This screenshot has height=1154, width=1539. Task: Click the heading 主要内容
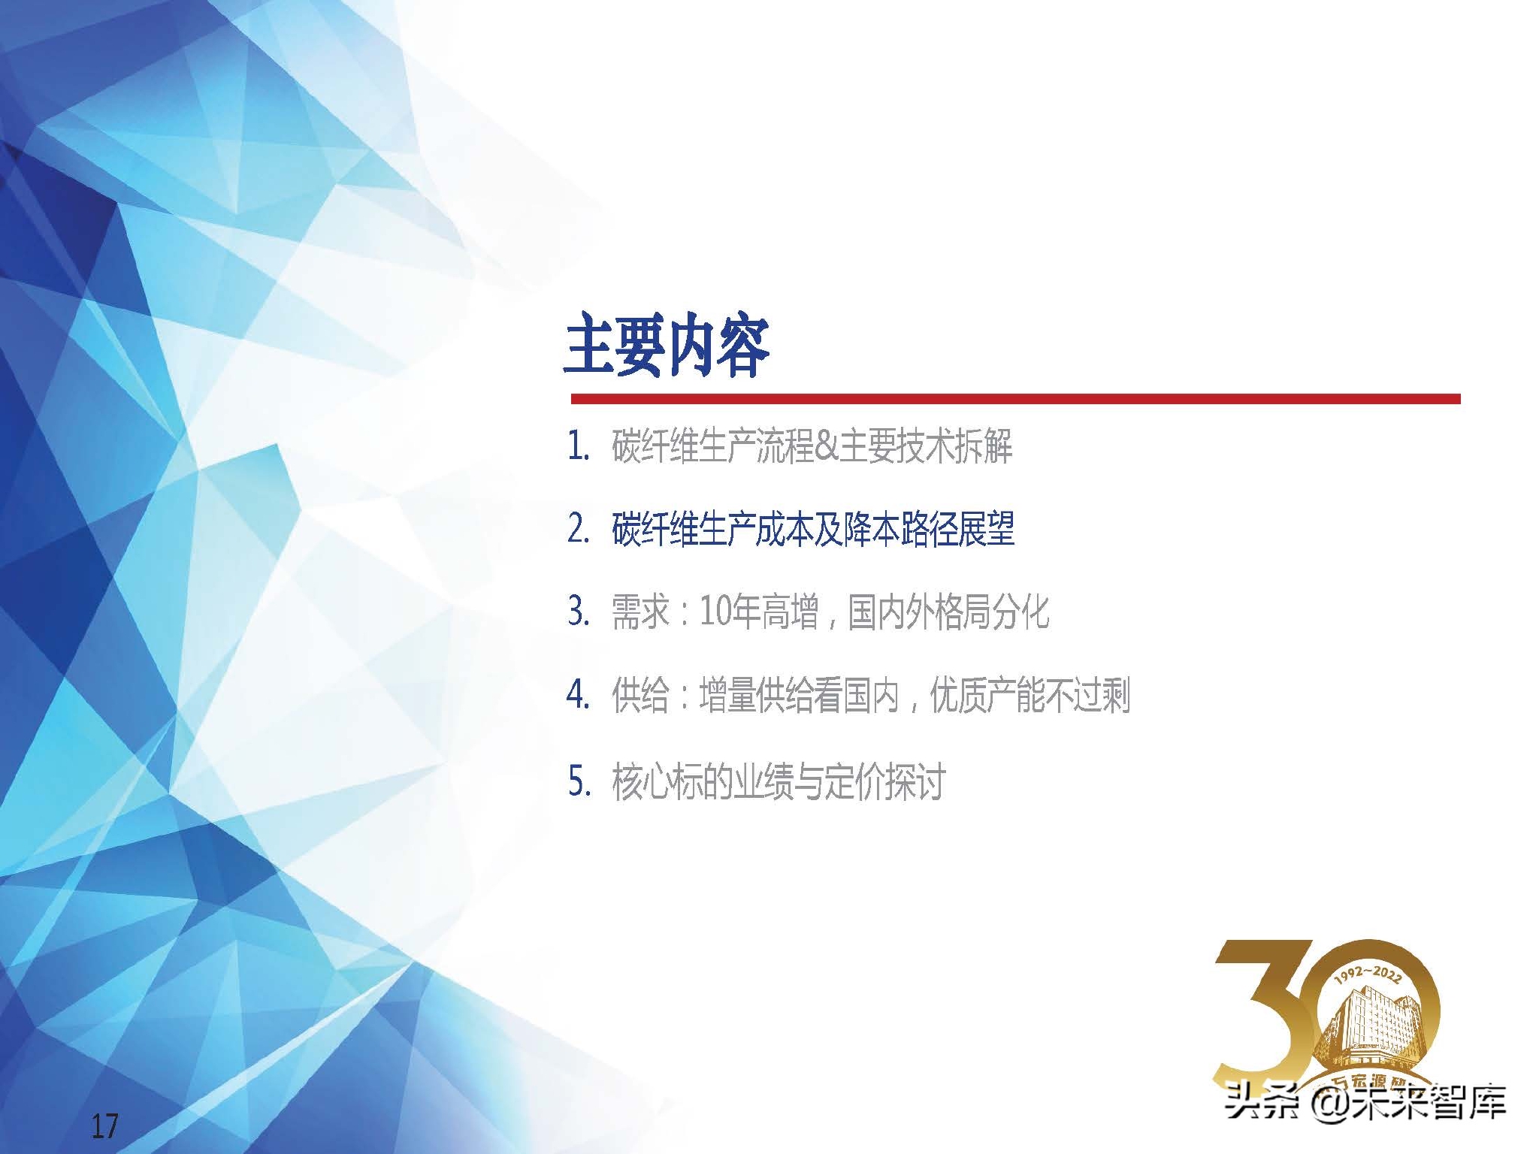667,346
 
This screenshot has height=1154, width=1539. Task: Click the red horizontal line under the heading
1015,399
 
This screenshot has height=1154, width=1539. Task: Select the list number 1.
578,446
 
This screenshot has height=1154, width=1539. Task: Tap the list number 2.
578,529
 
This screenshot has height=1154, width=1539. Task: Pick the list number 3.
578,612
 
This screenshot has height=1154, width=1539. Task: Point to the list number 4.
578,694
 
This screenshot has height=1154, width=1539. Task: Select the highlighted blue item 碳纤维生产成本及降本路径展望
813,529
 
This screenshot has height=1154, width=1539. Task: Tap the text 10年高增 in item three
759,612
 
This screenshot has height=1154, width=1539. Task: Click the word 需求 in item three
640,612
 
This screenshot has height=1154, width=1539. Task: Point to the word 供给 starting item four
640,695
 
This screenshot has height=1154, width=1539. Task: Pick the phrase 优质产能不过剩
1030,695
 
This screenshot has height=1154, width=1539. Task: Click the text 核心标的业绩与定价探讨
778,781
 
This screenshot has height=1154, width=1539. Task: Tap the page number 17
104,1126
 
